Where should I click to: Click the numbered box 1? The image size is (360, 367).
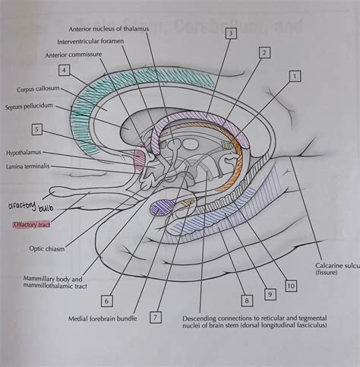pos(293,76)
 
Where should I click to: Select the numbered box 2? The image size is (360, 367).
pos(264,52)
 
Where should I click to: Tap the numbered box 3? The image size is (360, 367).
pos(231,33)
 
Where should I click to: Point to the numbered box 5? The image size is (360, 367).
pos(37,129)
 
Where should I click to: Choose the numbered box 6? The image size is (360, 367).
pos(107,301)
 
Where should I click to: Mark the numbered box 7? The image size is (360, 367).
pos(156,317)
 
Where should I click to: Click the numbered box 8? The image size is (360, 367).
pos(245,300)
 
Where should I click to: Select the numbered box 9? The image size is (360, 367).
pos(269,293)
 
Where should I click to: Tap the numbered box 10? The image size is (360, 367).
pos(290,286)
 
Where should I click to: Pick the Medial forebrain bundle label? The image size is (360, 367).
pos(102,318)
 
